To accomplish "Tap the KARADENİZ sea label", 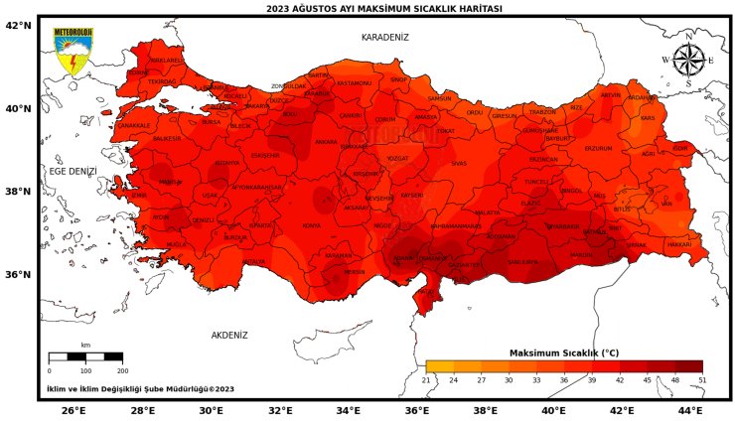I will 384,37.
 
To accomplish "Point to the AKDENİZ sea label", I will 228,336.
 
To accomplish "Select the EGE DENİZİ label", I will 73,172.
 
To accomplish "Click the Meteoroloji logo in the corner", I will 72,53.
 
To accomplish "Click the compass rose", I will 688,61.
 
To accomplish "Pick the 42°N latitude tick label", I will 19,26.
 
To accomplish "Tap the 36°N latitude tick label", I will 19,275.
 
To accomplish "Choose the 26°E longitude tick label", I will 73,410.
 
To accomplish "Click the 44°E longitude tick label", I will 690,410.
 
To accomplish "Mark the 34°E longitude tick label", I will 348,410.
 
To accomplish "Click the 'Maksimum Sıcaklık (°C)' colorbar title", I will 563,352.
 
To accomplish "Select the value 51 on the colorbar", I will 701,380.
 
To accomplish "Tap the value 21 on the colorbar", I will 426,380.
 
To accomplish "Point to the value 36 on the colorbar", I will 563,380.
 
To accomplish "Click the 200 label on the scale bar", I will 122,369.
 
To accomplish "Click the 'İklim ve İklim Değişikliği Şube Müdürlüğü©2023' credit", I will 139,389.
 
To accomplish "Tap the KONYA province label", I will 312,226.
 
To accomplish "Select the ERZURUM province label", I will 598,148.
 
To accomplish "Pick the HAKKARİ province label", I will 678,244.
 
